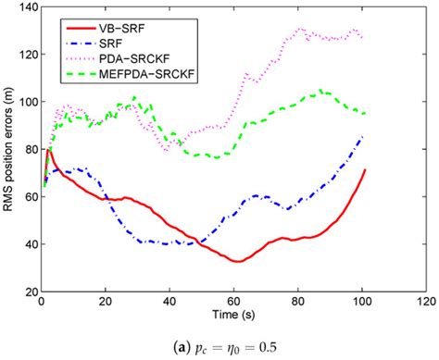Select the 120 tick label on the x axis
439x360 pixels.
click(423, 303)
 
